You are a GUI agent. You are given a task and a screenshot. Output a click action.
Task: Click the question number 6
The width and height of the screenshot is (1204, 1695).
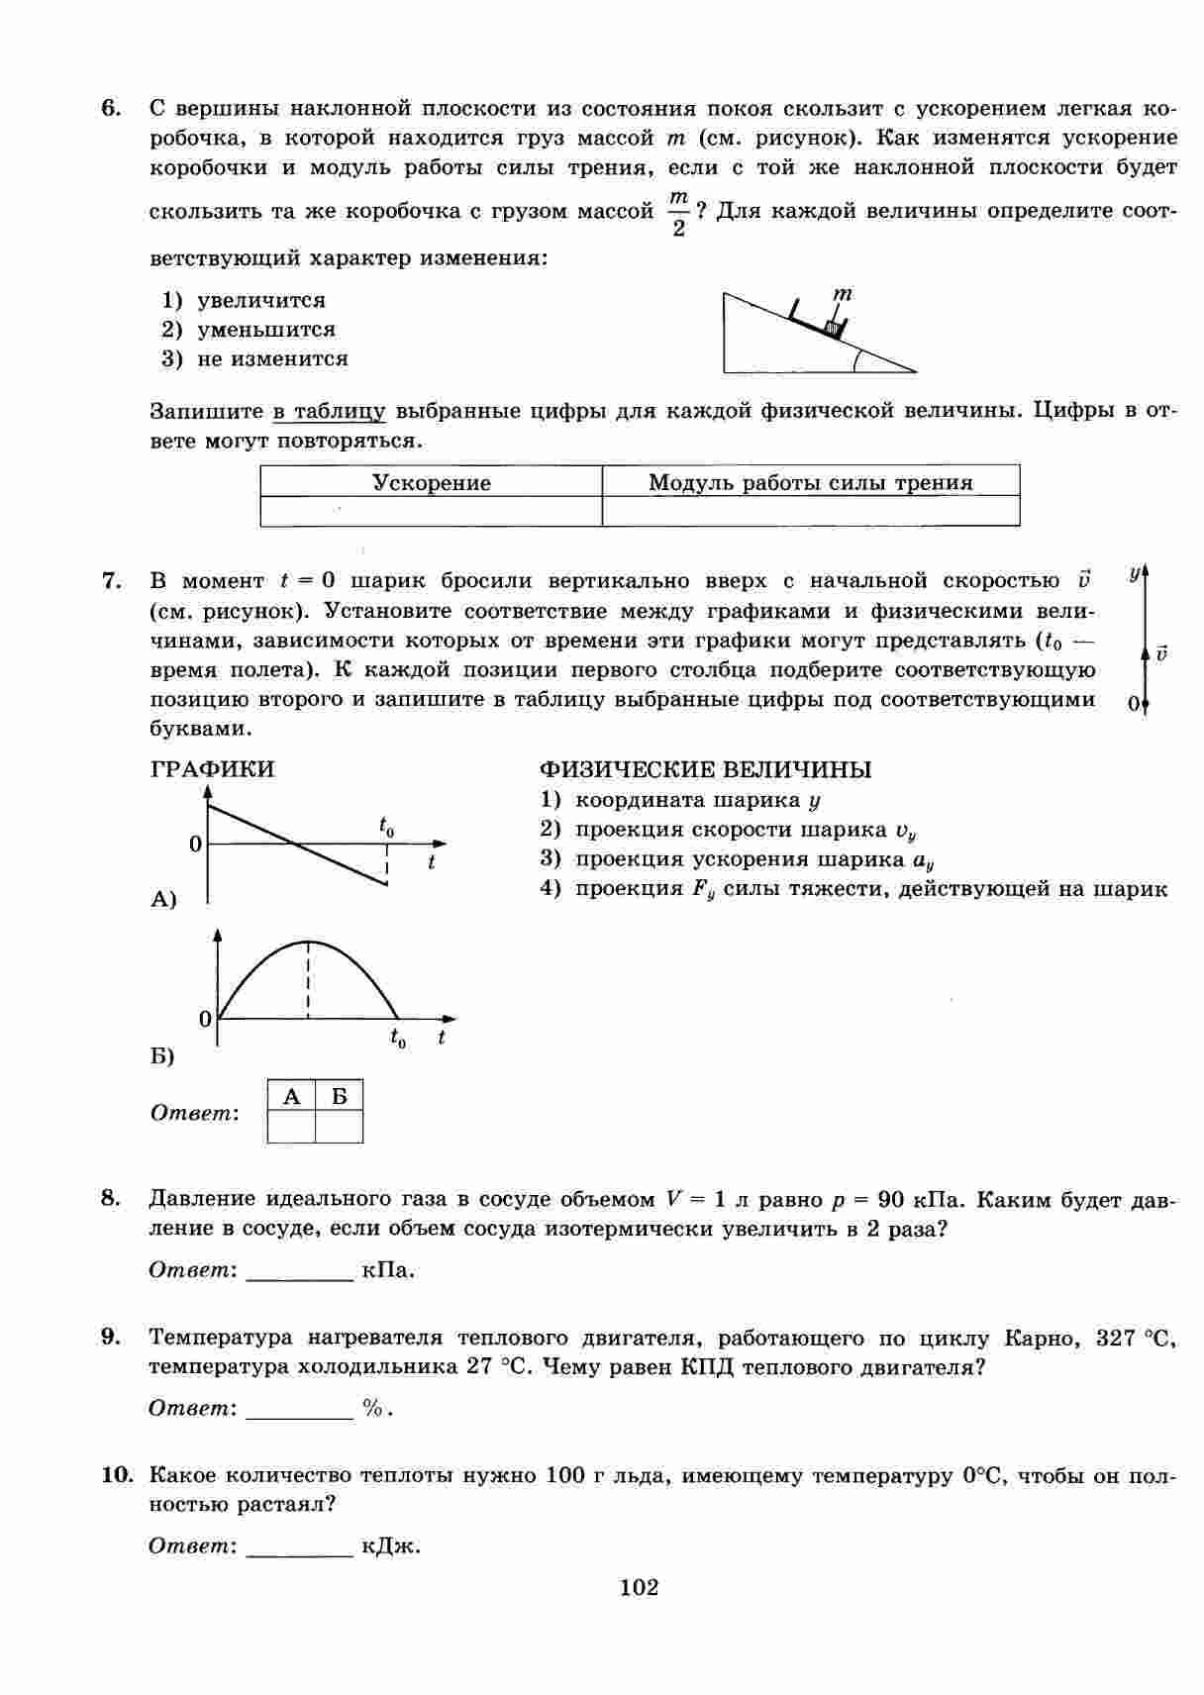111,108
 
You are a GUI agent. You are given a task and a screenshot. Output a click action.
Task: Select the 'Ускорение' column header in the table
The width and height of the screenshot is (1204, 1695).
431,483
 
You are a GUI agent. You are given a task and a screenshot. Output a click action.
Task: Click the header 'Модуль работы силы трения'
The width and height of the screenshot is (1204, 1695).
810,483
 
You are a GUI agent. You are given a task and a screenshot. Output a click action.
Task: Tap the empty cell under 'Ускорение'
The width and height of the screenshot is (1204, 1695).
431,511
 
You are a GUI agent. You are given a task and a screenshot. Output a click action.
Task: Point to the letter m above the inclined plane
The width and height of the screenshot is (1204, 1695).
843,294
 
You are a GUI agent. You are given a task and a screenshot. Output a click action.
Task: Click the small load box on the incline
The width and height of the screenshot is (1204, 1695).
834,326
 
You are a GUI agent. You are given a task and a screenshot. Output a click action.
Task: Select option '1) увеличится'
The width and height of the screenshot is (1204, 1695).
244,300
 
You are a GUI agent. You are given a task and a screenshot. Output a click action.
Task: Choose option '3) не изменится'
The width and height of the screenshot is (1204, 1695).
254,358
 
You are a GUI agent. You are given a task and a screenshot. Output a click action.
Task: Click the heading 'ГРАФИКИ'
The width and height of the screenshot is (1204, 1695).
213,769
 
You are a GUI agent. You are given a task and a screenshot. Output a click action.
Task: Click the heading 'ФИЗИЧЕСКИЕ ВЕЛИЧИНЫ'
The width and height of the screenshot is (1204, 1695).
705,769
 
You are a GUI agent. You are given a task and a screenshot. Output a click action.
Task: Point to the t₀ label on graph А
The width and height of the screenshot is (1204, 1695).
386,824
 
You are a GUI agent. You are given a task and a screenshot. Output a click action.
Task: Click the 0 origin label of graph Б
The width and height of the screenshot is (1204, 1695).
205,1019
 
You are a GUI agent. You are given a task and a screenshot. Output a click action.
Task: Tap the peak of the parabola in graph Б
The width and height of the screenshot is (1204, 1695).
309,942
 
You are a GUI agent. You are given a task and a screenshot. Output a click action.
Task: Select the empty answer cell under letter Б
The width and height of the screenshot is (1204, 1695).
339,1127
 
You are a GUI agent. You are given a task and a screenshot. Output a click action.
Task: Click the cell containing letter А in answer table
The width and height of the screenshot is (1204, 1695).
291,1096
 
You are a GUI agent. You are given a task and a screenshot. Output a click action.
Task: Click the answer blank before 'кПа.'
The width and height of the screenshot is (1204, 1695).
299,1271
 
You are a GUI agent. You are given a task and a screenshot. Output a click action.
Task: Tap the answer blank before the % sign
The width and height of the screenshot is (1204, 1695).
299,1410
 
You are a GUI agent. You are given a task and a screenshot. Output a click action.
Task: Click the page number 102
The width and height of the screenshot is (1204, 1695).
639,1588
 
